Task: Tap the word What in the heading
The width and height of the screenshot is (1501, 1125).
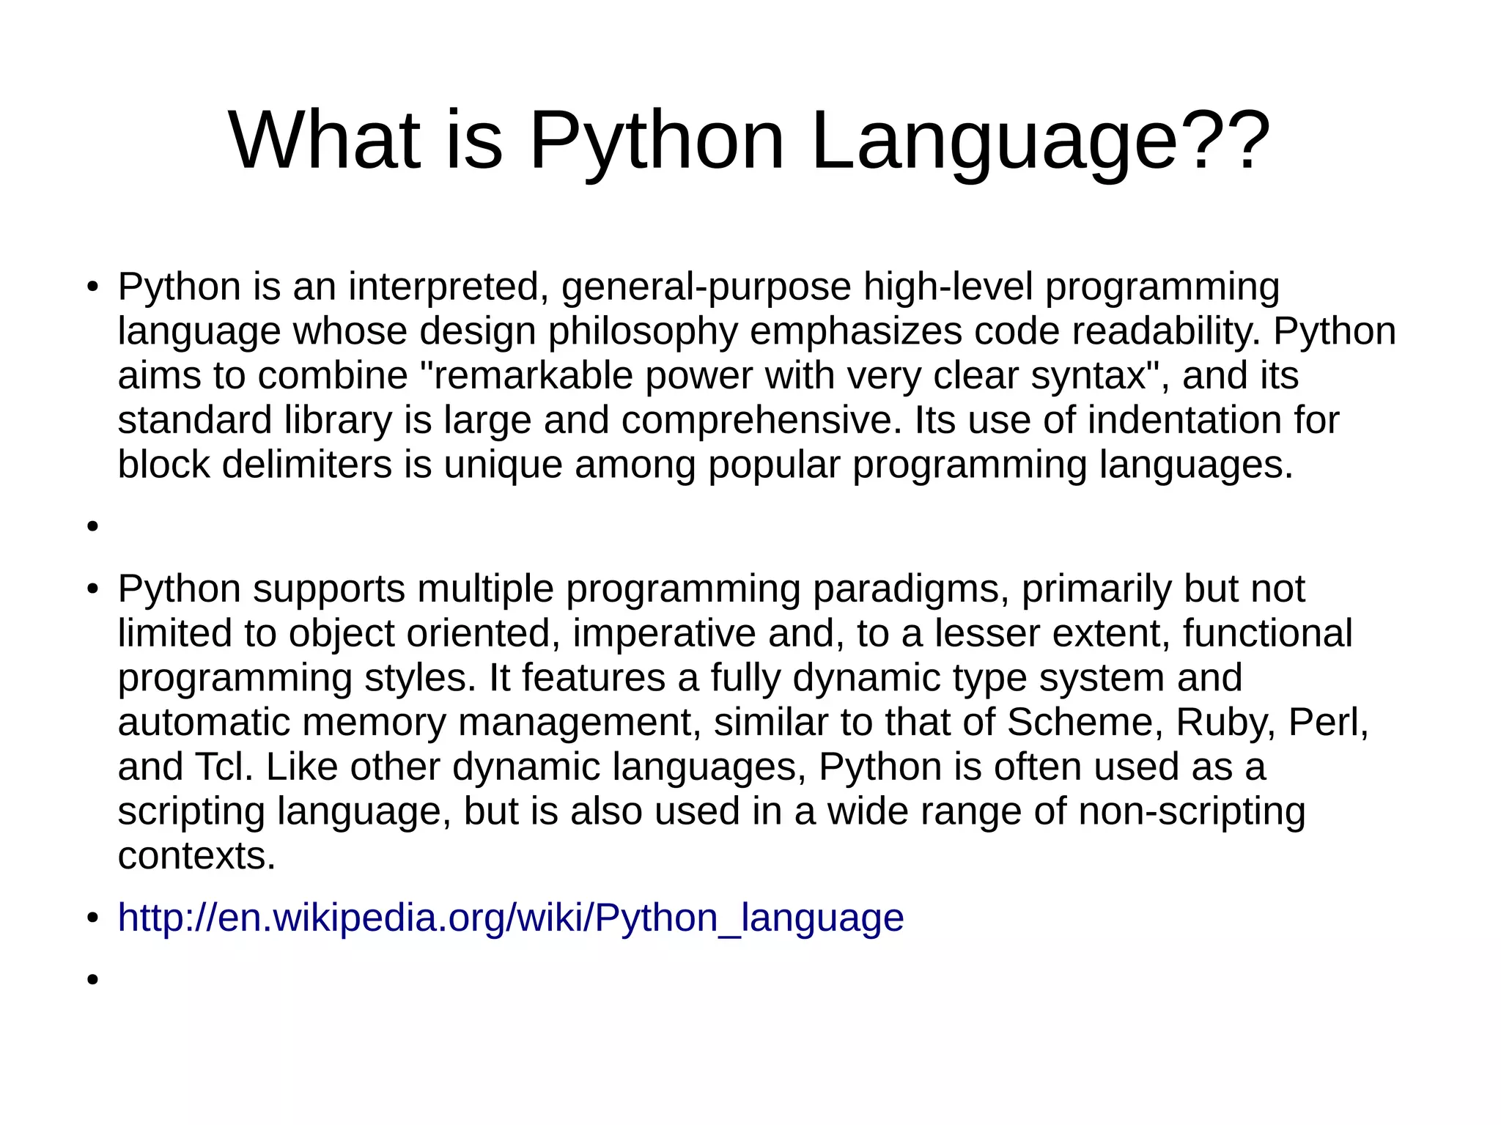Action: [325, 141]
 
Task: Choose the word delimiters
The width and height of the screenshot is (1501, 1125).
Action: [306, 465]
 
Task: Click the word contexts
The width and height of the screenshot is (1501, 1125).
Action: [196, 856]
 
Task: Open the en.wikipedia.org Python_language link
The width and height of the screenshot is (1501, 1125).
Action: [511, 918]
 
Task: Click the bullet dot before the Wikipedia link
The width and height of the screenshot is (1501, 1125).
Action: [92, 918]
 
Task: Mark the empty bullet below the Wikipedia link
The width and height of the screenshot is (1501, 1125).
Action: [92, 979]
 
